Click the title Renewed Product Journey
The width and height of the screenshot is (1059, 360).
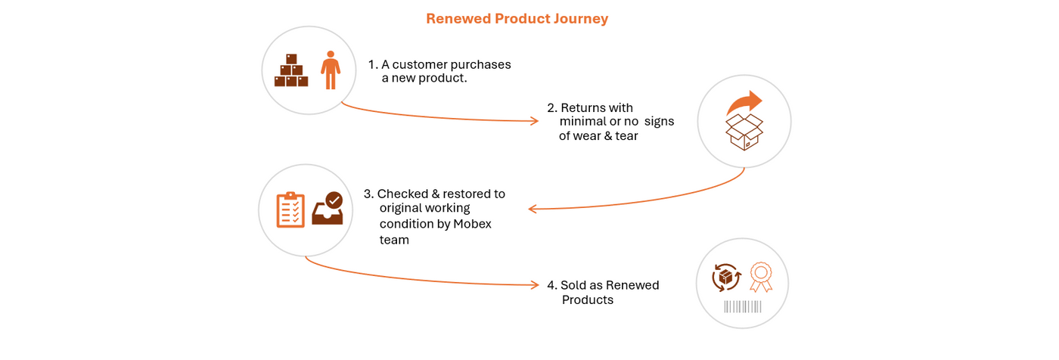[x=517, y=19]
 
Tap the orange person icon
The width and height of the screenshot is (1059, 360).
[x=330, y=70]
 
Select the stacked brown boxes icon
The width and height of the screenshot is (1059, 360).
[x=291, y=70]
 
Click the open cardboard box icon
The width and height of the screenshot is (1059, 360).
[x=743, y=132]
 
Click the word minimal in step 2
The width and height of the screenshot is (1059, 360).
[x=582, y=122]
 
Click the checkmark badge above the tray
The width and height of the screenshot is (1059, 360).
[x=334, y=200]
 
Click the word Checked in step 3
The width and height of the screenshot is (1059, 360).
[x=402, y=194]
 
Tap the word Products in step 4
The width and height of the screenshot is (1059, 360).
[x=587, y=300]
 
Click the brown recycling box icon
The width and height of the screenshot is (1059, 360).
[x=725, y=277]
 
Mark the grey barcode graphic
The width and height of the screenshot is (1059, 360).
[x=743, y=306]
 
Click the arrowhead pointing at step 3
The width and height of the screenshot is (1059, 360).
[x=533, y=209]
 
